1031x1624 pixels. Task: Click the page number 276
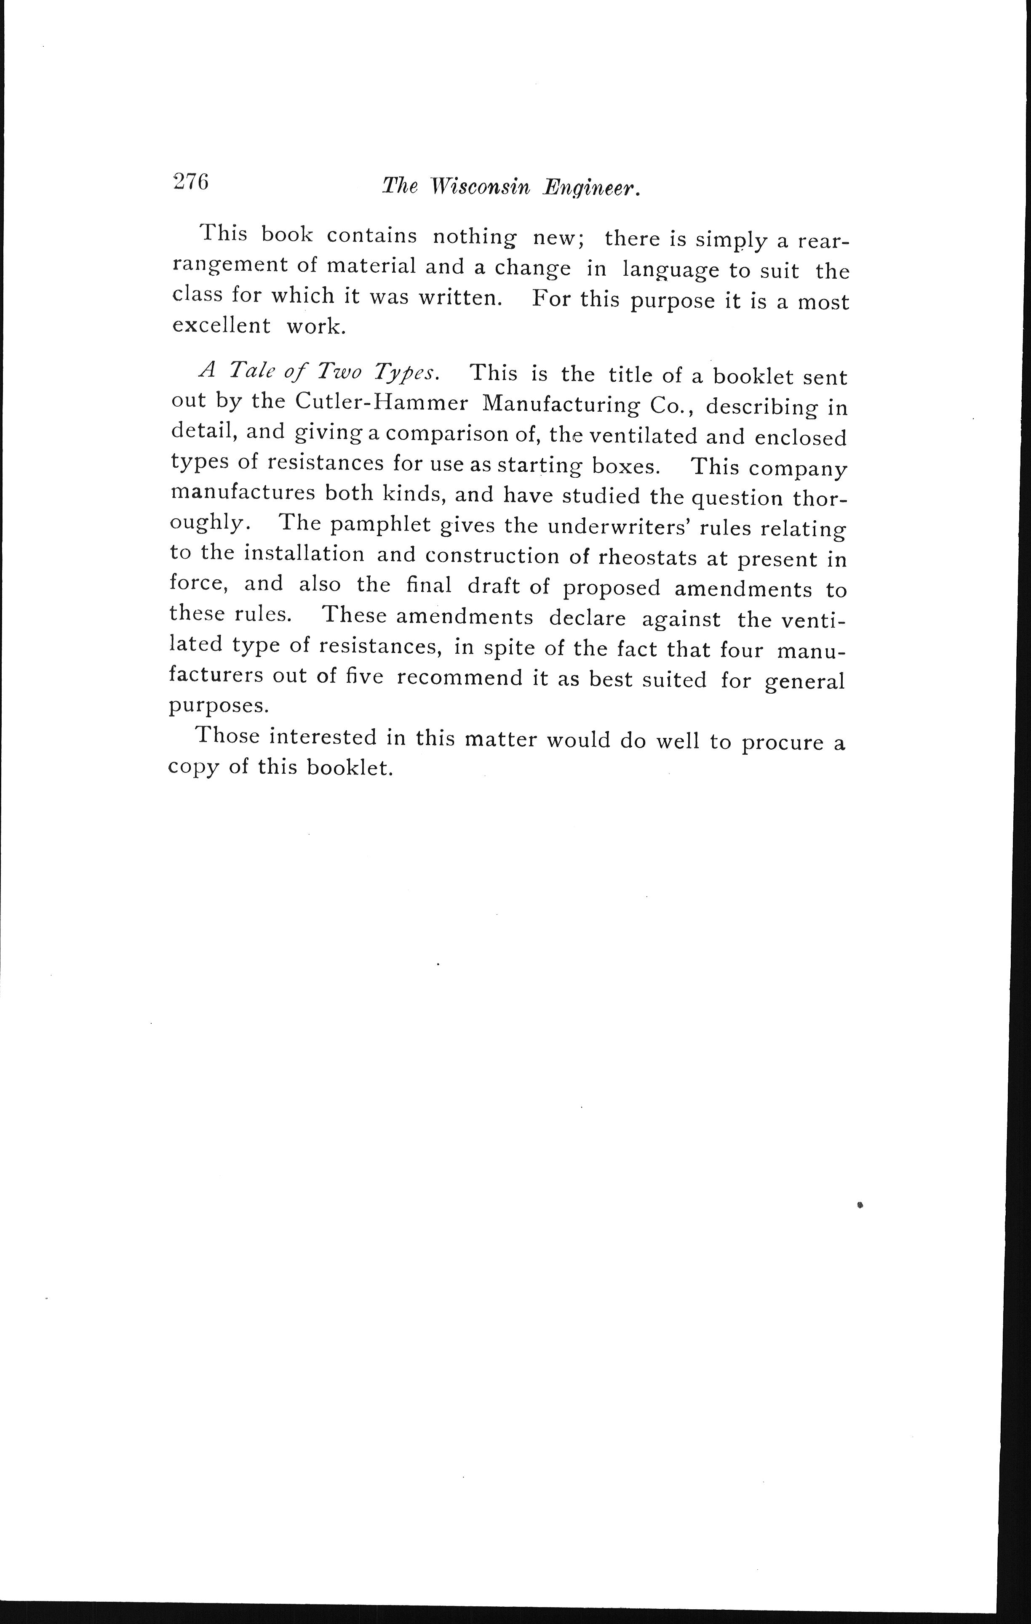coord(191,182)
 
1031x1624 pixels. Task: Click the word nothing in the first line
coord(474,237)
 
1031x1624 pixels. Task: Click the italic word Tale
coord(253,370)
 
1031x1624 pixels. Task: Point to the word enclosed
coord(800,438)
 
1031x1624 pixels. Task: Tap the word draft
coord(494,586)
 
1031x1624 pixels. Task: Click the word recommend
coord(459,678)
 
